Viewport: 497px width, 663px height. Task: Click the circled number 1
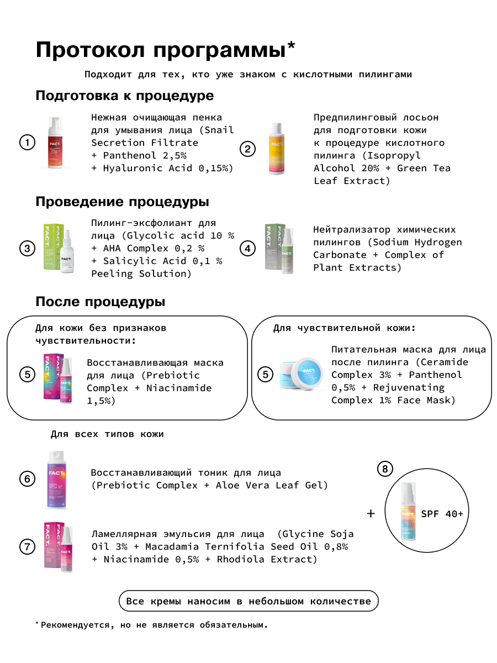27,143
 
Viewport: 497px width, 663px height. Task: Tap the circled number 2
248,149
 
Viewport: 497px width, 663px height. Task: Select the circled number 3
27,248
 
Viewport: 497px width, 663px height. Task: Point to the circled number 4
248,249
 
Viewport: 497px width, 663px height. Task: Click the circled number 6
27,478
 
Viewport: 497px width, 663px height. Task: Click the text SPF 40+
442,514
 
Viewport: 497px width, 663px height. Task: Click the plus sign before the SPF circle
371,513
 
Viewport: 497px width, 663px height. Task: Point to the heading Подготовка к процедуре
124,96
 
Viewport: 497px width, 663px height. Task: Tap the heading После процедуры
100,302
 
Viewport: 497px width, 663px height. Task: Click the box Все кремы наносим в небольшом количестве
248,601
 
